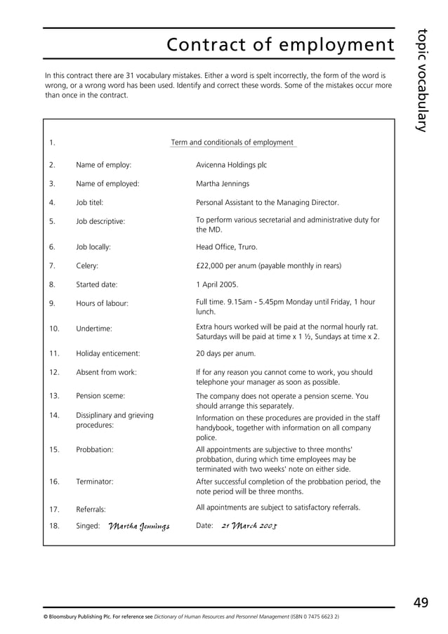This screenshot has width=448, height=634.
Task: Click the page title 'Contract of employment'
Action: click(280, 46)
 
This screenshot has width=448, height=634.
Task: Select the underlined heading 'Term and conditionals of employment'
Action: click(232, 143)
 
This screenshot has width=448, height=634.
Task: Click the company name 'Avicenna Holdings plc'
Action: click(231, 165)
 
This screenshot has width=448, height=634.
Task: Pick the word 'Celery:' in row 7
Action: click(87, 266)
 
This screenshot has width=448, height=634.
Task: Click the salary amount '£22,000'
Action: click(211, 266)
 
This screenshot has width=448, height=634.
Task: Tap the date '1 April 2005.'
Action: click(217, 284)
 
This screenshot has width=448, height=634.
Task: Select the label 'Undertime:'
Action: click(94, 328)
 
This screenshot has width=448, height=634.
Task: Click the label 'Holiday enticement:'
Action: click(107, 353)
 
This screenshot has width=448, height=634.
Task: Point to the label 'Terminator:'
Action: click(95, 482)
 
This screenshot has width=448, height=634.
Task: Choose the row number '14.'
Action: click(54, 415)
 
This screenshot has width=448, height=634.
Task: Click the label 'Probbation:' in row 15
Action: click(95, 449)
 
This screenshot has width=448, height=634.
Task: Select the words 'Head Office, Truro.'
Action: click(226, 247)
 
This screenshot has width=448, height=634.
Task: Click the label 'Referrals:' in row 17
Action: click(91, 508)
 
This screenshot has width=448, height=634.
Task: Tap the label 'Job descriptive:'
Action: click(100, 222)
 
